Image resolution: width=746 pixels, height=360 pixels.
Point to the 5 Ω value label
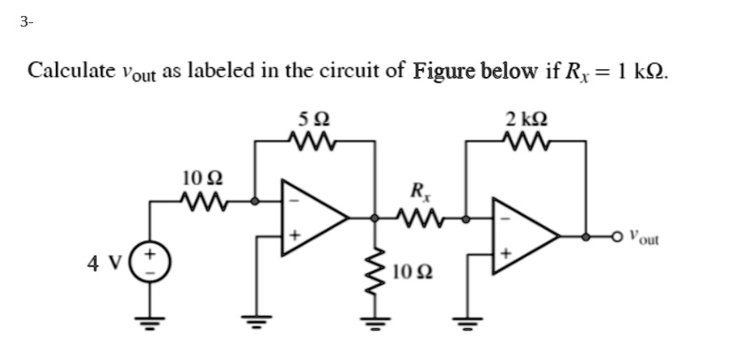[x=313, y=119]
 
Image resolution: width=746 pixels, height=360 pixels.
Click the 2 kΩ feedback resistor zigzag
[x=524, y=139]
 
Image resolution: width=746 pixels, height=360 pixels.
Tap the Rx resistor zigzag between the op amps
[x=415, y=214]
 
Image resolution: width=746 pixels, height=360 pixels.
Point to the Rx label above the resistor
[x=417, y=189]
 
